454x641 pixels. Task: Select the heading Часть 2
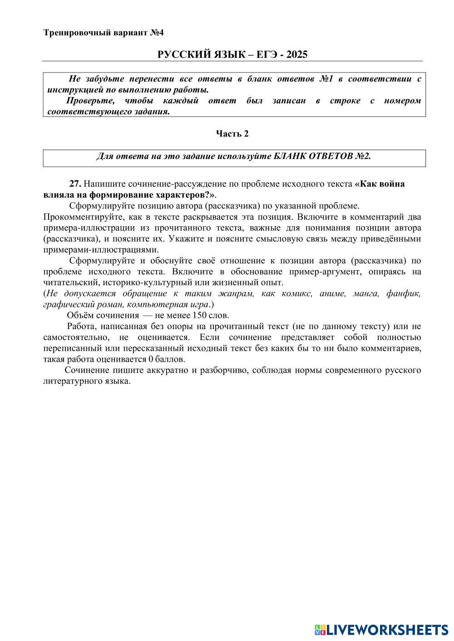click(x=232, y=134)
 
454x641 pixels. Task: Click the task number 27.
click(x=75, y=184)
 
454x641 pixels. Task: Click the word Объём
click(x=80, y=316)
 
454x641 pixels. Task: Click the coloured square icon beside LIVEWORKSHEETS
click(x=320, y=630)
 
